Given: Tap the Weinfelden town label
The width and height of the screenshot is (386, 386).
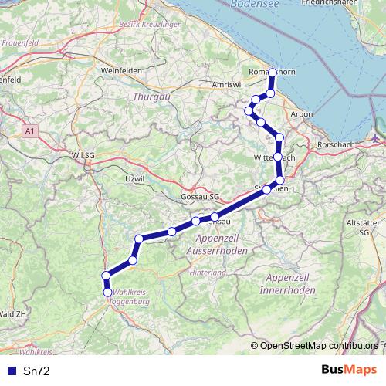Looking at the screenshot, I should [x=119, y=70].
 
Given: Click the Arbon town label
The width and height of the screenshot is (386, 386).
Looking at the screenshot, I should [x=301, y=113].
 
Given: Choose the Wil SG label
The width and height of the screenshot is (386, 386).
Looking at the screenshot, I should [x=83, y=155].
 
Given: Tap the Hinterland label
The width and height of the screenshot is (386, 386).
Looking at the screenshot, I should [x=209, y=273].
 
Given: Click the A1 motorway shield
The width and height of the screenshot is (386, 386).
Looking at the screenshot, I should [x=29, y=132].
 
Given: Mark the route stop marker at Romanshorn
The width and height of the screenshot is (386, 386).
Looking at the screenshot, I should [x=273, y=73].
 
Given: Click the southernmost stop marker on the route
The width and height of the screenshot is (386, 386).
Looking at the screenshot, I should [x=107, y=292].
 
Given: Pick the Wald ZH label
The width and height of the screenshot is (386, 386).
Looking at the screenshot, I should [x=13, y=314].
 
